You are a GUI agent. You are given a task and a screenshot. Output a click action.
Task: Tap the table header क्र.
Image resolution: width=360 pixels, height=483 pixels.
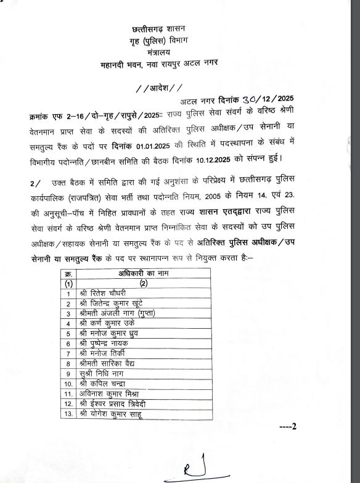tap(69, 273)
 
